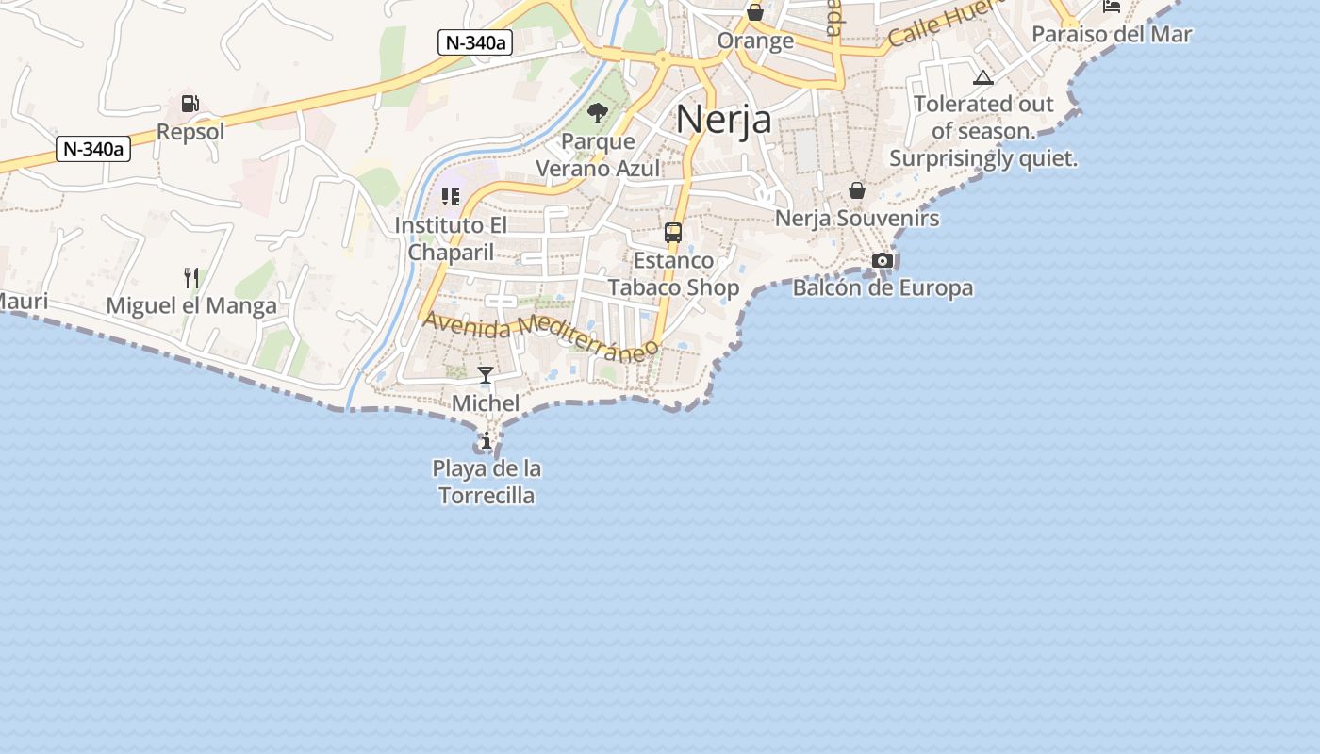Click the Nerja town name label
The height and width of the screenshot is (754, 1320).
click(723, 119)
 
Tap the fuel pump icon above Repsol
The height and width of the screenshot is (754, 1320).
click(190, 104)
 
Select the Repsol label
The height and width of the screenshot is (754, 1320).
click(190, 131)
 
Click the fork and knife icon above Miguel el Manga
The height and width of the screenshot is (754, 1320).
click(191, 277)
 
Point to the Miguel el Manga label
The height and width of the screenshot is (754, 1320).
click(191, 305)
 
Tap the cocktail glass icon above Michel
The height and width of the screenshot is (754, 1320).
click(486, 375)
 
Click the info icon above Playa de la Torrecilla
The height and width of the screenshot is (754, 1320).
click(487, 440)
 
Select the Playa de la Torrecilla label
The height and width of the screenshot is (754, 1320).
click(487, 482)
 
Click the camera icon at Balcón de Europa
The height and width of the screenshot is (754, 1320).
click(883, 260)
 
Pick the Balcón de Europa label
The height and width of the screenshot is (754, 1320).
click(883, 287)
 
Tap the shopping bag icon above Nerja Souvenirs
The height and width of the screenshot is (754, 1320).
click(857, 190)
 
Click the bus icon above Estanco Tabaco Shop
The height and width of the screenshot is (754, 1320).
click(673, 232)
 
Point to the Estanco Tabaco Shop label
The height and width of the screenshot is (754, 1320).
click(673, 273)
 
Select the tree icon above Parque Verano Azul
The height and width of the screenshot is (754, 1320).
click(598, 114)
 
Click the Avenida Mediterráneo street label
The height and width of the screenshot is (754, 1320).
click(540, 336)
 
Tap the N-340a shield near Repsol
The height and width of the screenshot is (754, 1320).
click(92, 149)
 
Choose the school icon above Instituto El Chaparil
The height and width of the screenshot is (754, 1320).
click(451, 197)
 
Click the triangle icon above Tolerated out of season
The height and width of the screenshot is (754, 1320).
click(983, 77)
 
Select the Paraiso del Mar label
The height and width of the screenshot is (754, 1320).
click(1112, 35)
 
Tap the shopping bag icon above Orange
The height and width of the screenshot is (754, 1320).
click(755, 12)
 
